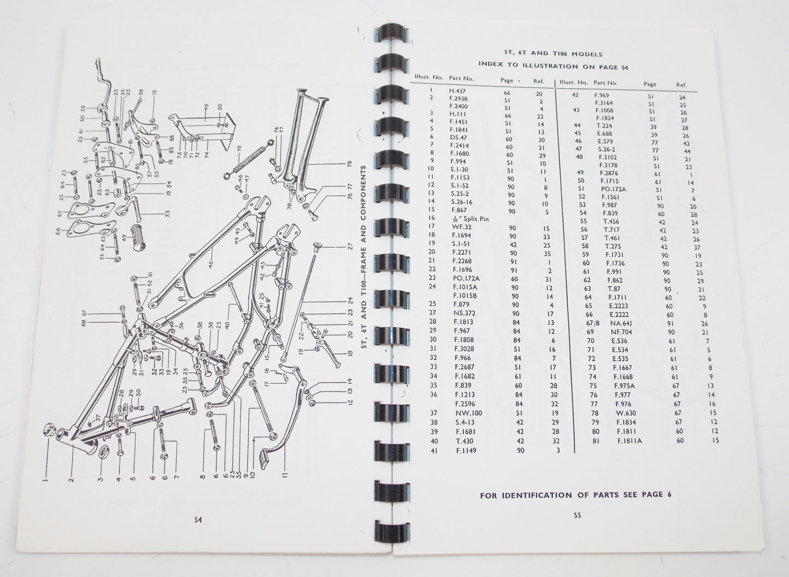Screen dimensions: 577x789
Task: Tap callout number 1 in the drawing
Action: [x=46, y=481]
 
